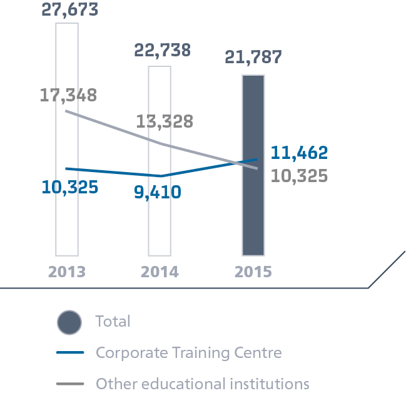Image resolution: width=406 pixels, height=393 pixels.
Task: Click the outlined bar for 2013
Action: coord(67,207)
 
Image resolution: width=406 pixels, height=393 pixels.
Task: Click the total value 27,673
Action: coord(69,9)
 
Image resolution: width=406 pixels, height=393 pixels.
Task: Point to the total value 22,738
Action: coord(162,50)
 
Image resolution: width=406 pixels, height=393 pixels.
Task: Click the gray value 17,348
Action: coord(68,96)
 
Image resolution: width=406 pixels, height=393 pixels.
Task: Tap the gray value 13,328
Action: coord(165,121)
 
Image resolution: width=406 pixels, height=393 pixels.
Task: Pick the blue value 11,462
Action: coord(299,153)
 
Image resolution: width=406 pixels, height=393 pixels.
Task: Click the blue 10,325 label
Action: coord(70,186)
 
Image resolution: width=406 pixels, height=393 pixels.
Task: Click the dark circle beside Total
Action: coord(69,322)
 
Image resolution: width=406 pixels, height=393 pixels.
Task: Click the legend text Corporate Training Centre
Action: coord(188,353)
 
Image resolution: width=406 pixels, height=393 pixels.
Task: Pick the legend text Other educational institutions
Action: coord(202,383)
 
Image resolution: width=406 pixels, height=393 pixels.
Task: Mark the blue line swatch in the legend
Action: coord(70,354)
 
